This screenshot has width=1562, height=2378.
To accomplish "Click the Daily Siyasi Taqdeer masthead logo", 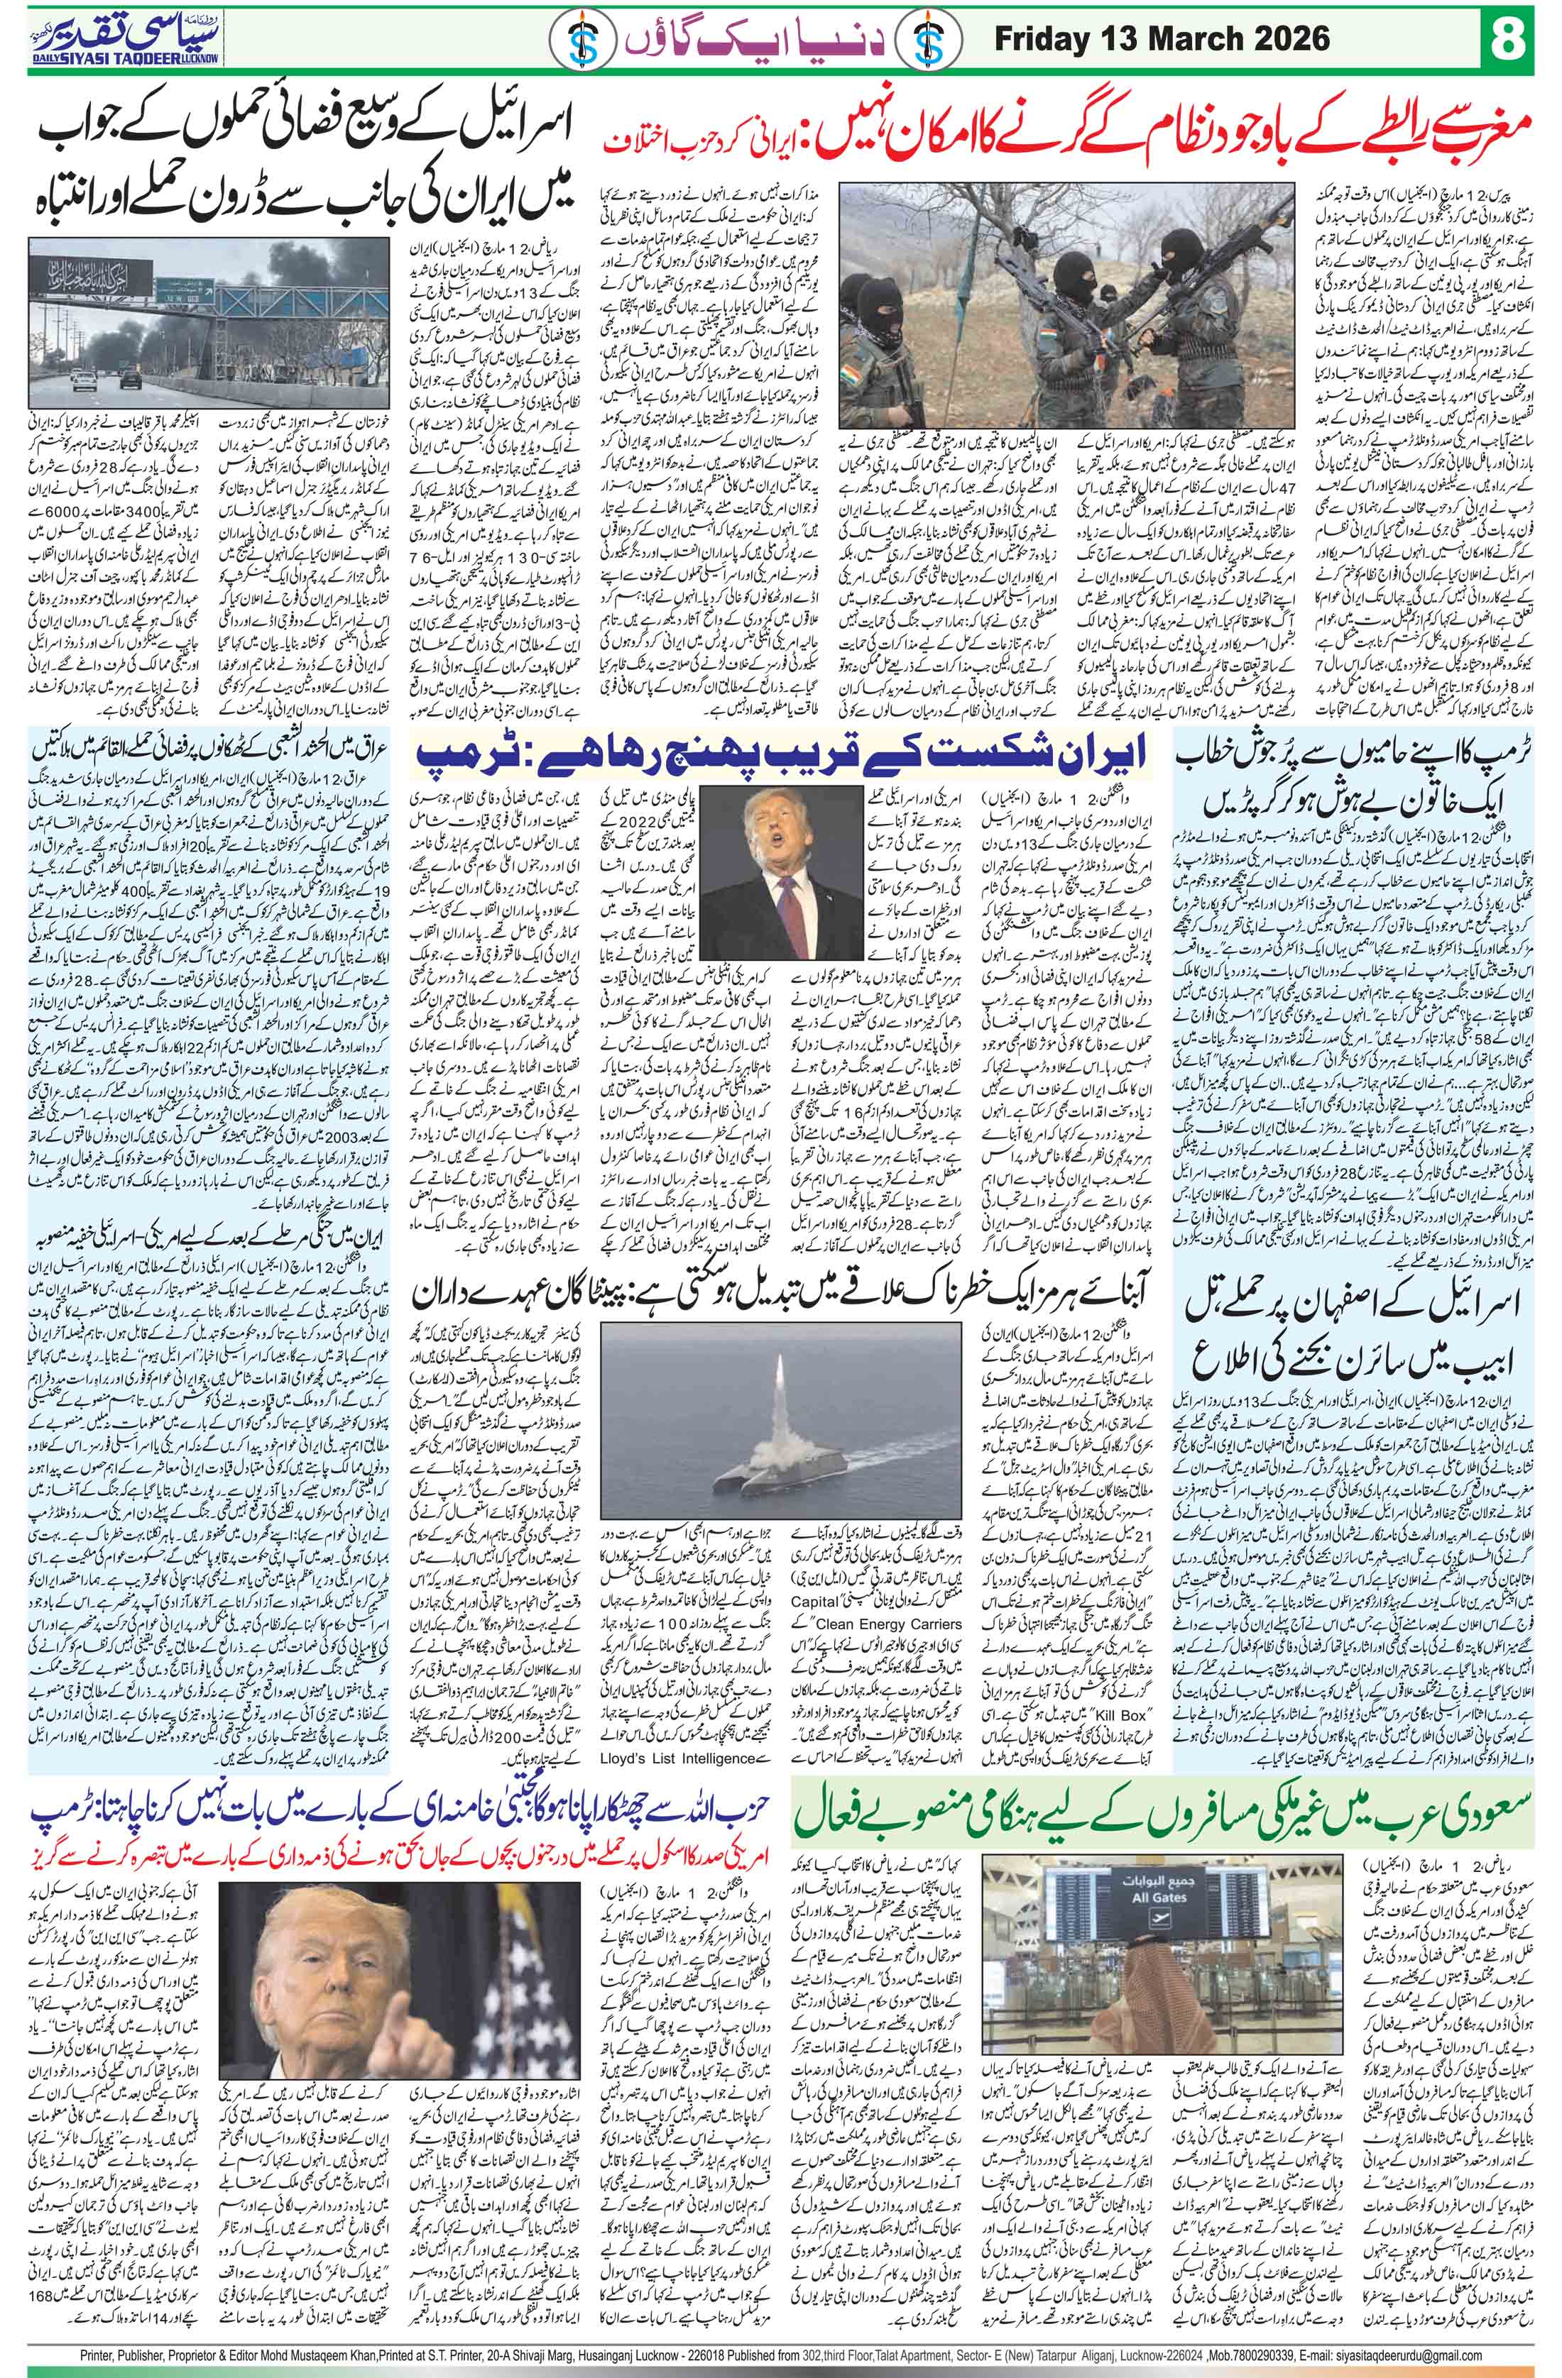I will click(x=117, y=40).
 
